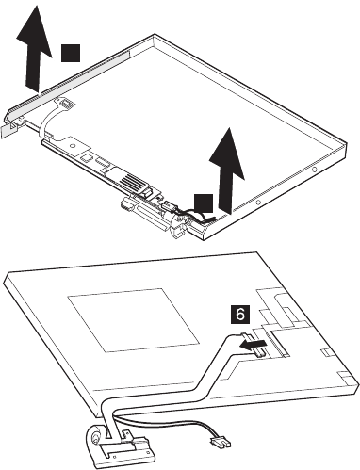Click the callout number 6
tap(240, 315)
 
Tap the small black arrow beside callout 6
tap(253, 345)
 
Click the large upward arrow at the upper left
tap(34, 48)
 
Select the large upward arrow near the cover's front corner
tap(227, 170)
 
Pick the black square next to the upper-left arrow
tap(71, 53)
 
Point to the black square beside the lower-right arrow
tap(204, 203)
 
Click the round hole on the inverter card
tap(73, 146)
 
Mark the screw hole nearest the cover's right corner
tap(315, 170)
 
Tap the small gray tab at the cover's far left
tap(7, 130)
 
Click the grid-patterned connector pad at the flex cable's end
tap(67, 102)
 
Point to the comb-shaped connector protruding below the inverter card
tap(124, 204)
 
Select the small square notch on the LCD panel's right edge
tap(324, 353)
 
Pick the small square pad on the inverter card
tap(85, 156)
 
